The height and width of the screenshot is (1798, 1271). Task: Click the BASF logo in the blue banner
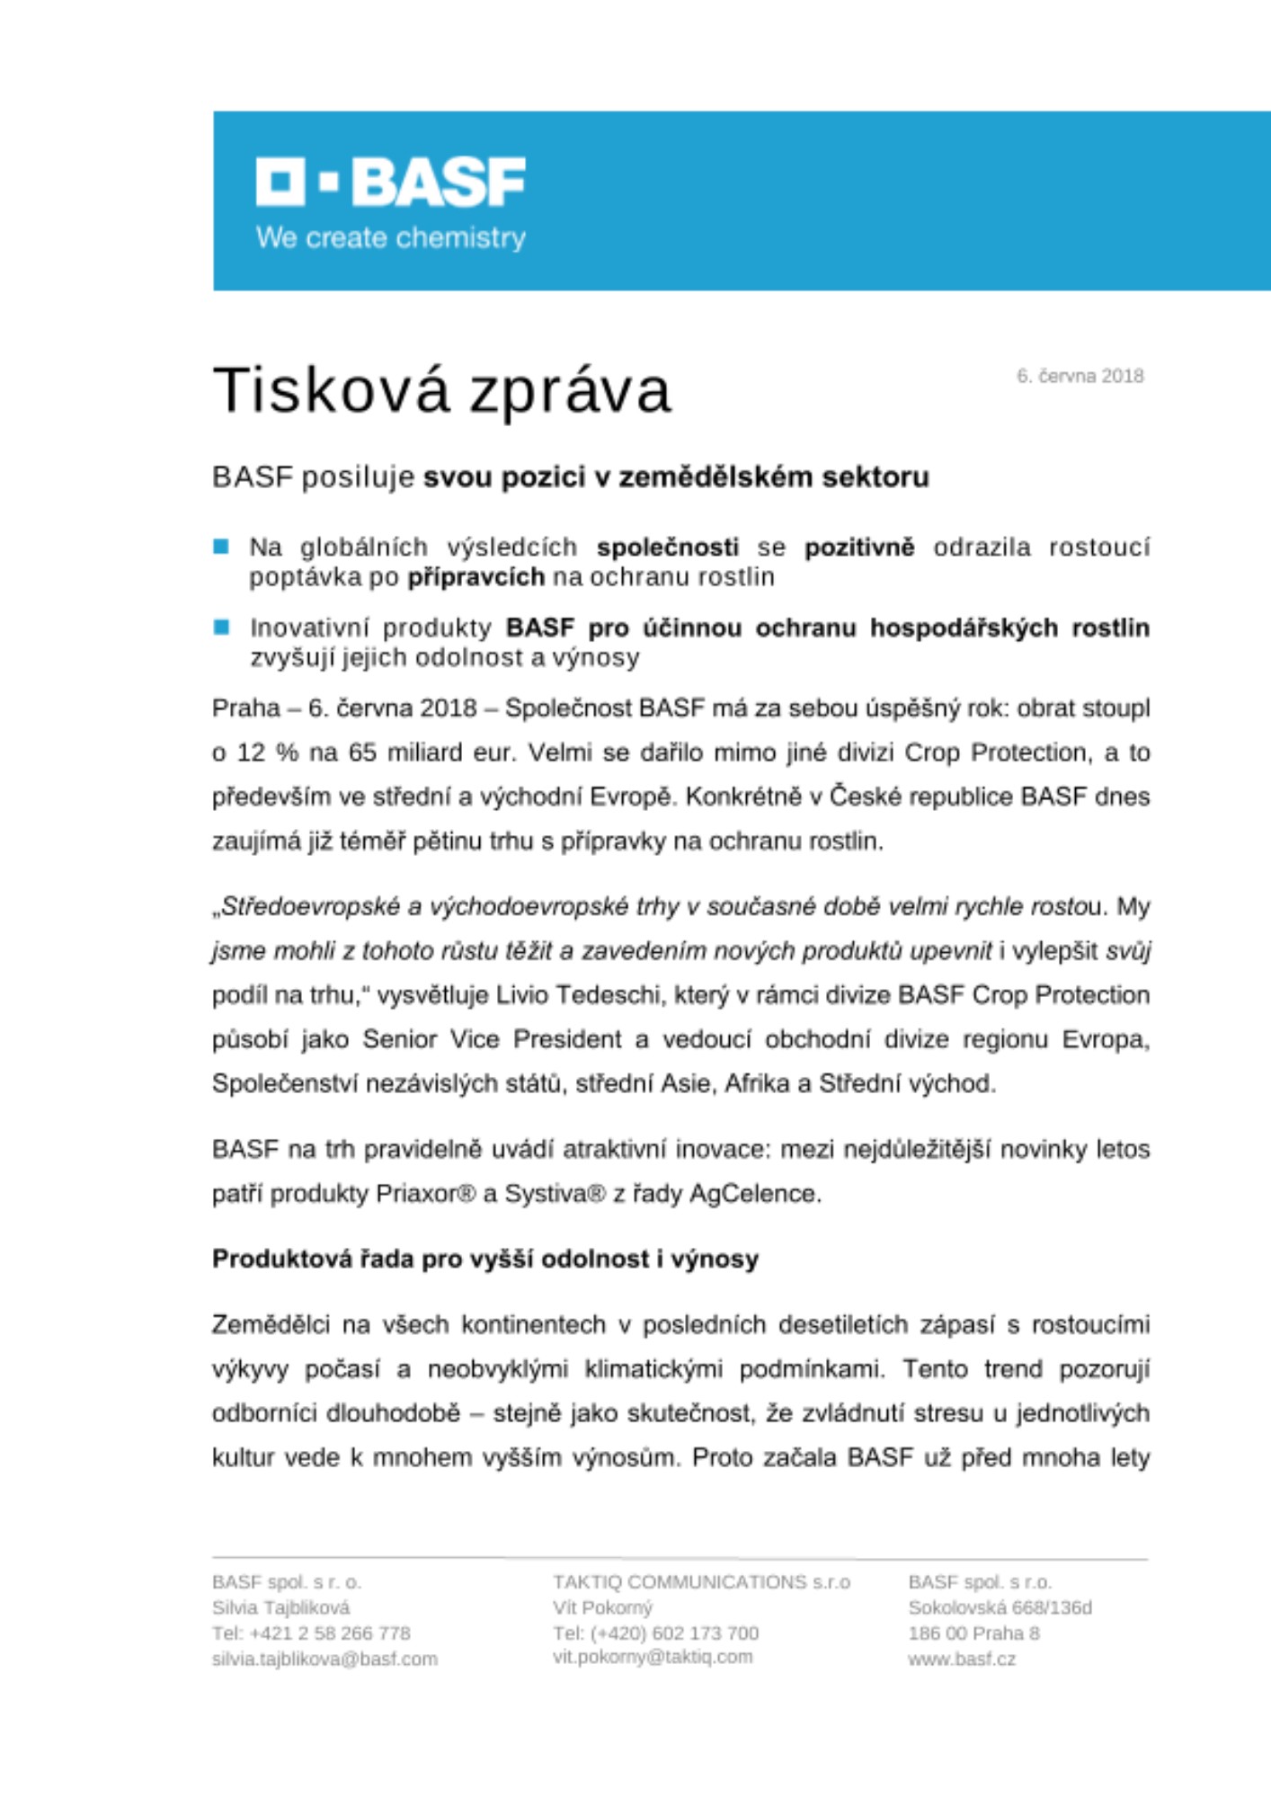[390, 182]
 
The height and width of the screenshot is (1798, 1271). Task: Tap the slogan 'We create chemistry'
[390, 238]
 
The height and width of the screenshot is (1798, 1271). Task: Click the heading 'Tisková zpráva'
[441, 391]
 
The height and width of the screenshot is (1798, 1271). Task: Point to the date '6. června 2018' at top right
[1080, 377]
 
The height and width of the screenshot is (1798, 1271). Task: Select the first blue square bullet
[221, 547]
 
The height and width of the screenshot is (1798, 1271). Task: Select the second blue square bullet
[221, 628]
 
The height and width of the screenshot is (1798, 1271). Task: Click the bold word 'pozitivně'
[858, 547]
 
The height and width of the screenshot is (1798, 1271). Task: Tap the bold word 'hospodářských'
[963, 628]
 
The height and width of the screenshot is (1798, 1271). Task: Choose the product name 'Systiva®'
[556, 1194]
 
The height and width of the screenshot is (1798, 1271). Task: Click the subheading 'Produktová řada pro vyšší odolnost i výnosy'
[485, 1259]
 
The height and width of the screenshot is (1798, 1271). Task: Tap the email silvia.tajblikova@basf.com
[324, 1659]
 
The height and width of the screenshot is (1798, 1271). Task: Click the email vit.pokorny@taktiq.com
[653, 1657]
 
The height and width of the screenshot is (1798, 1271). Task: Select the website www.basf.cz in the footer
[961, 1659]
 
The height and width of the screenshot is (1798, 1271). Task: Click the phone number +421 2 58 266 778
[311, 1633]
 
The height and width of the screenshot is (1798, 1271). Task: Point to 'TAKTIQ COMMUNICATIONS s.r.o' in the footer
[701, 1581]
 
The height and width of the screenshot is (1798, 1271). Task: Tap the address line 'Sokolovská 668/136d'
[1000, 1607]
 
